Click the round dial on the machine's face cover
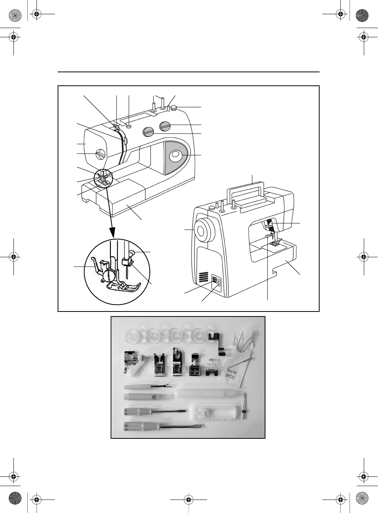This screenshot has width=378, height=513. (100, 154)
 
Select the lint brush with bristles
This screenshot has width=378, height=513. (147, 396)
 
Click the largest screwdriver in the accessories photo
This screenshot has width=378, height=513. (164, 426)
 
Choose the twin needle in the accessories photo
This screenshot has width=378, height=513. (245, 406)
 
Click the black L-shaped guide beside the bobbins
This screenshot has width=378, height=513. (217, 343)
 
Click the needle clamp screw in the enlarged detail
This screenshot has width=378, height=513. (133, 253)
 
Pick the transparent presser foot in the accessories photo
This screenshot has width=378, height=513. (211, 367)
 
